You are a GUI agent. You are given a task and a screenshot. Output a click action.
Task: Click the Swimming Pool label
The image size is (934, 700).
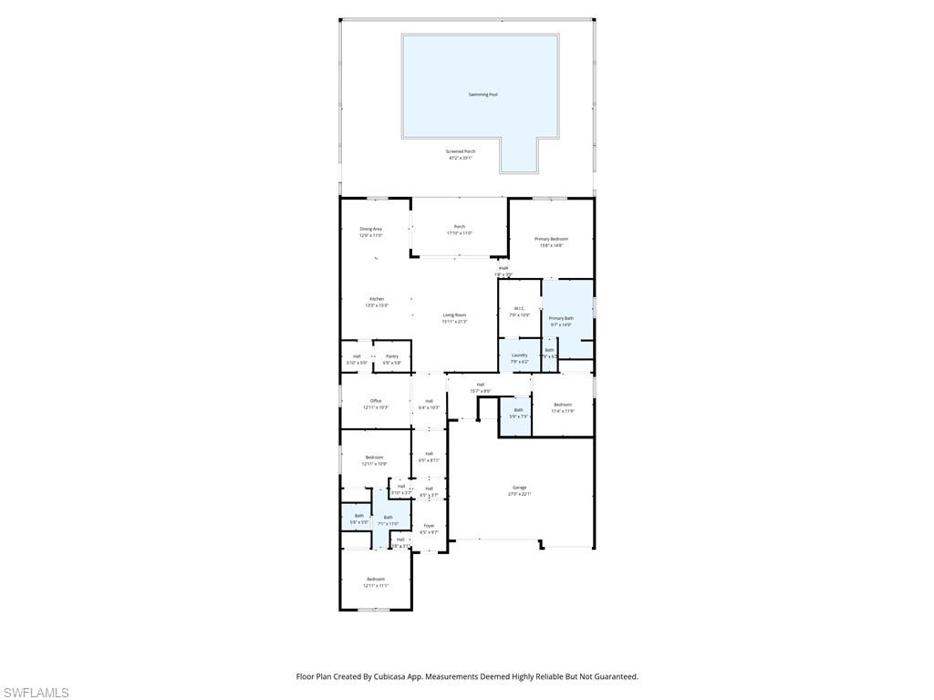483,95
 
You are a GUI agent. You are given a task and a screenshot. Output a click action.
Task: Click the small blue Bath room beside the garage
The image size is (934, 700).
518,413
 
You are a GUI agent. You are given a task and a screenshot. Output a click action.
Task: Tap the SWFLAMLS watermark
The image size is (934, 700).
36,693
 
